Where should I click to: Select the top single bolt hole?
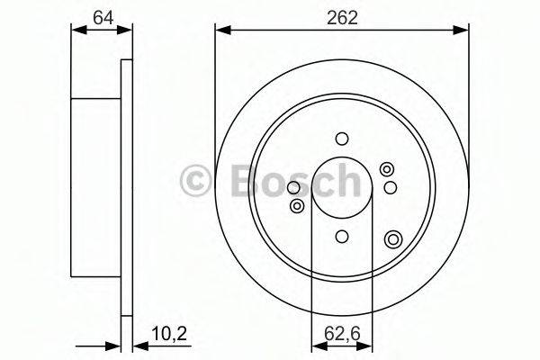point(341,139)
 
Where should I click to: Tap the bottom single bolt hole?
point(341,236)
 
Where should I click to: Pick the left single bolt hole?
point(292,188)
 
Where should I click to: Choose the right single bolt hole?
point(390,186)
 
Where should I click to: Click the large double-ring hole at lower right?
point(393,238)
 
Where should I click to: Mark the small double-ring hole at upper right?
point(387,168)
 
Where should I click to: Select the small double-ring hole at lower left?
point(296,207)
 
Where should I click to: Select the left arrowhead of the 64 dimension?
point(76,31)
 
